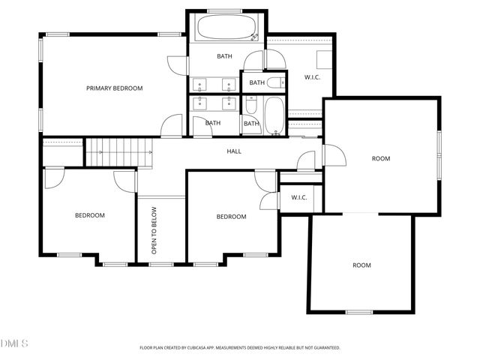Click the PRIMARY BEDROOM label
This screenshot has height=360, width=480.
114,88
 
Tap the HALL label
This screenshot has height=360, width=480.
234,151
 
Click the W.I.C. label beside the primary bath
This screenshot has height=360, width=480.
313,76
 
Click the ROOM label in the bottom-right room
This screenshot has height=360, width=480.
362,265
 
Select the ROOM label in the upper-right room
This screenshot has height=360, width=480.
382,158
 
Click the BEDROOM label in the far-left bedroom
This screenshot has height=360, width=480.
89,215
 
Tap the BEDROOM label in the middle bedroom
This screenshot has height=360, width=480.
231,217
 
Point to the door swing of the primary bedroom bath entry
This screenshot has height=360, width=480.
176,65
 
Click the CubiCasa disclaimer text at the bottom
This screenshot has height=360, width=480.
240,348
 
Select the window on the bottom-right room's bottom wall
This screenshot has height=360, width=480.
359,312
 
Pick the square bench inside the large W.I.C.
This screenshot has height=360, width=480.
323,59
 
